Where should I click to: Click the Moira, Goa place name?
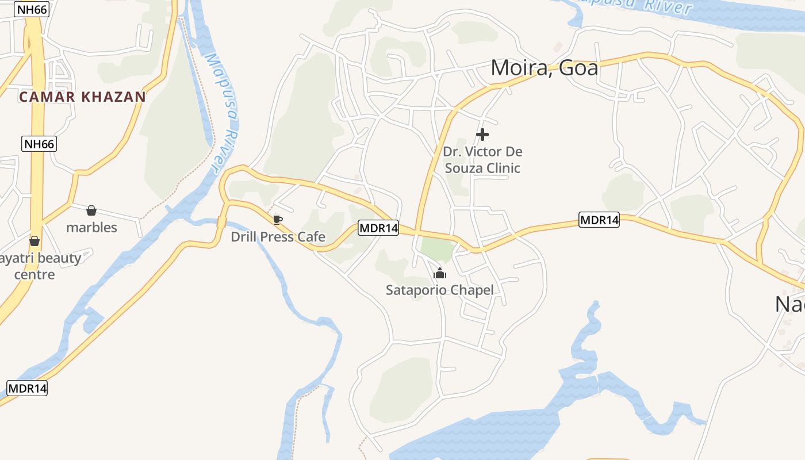point(544,68)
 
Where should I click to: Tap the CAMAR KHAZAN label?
point(82,97)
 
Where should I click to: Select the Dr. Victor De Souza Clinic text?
point(482,160)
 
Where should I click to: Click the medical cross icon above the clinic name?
point(482,135)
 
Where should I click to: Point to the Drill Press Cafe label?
point(278,237)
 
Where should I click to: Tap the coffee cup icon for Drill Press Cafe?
point(277,220)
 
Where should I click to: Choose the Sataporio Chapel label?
point(439,290)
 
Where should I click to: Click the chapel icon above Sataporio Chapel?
point(440,273)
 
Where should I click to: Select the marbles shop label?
point(91,228)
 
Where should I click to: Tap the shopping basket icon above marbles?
point(91,210)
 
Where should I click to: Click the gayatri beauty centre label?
point(37,266)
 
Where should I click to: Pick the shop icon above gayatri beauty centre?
point(34,240)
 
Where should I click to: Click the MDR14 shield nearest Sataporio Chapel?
point(378,228)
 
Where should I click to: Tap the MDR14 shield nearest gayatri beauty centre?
point(27,388)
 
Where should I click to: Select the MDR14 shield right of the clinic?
point(599,220)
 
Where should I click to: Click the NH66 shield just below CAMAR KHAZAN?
point(39,144)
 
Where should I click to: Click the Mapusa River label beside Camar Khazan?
point(221,112)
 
